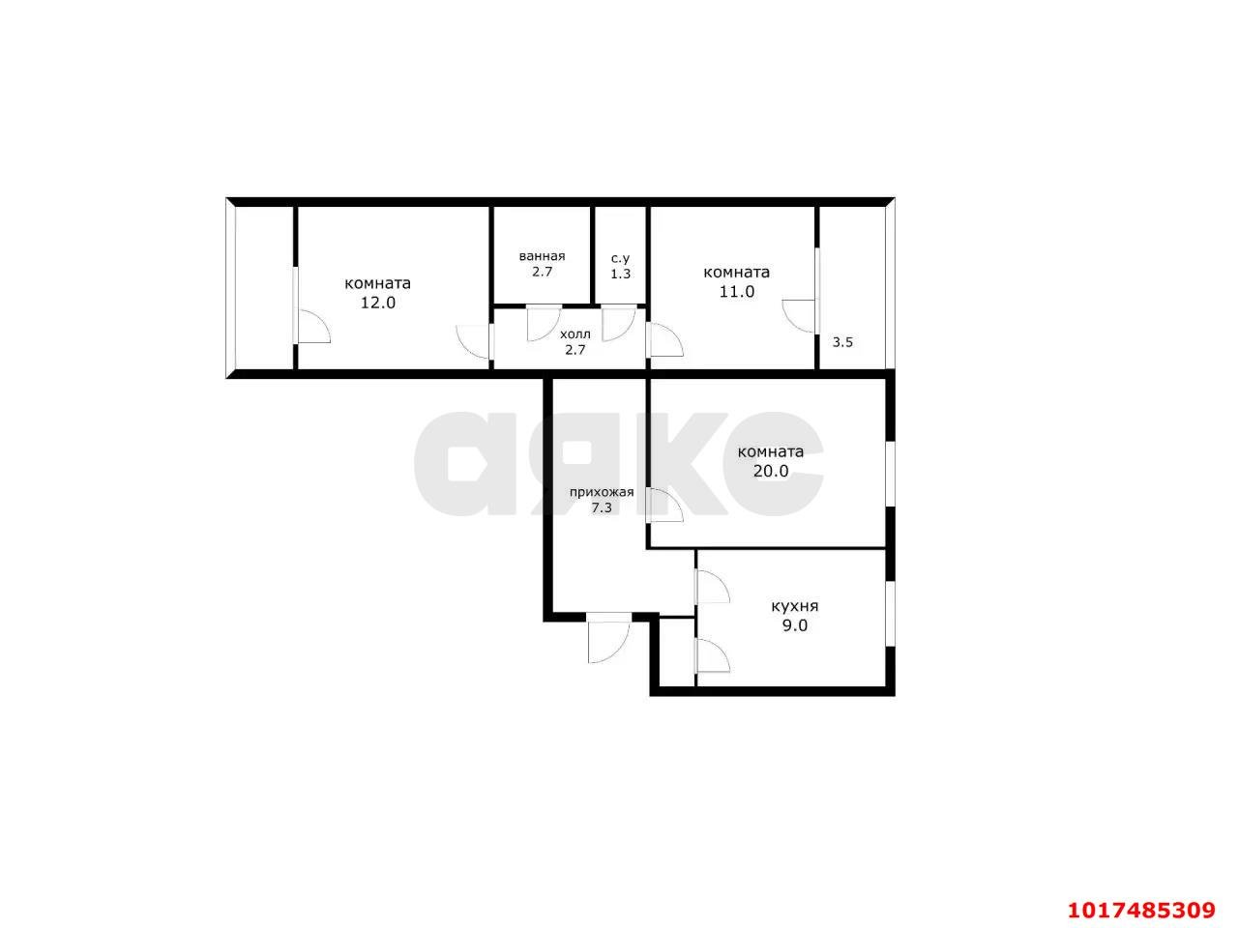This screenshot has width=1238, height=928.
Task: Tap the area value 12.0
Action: click(x=378, y=303)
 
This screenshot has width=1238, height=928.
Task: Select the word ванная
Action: click(x=542, y=256)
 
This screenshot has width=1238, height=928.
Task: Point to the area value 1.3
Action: click(x=620, y=274)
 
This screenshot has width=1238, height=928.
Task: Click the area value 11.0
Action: click(x=737, y=291)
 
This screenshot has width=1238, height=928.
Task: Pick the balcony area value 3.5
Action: click(x=842, y=342)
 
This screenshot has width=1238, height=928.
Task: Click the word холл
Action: click(x=575, y=334)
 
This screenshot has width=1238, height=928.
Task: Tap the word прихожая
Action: click(x=602, y=492)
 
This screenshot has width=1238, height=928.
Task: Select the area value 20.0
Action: click(x=771, y=471)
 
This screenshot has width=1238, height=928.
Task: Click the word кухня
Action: click(x=794, y=606)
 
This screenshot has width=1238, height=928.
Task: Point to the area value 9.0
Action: click(x=795, y=625)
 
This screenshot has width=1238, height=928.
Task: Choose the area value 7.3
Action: click(x=602, y=507)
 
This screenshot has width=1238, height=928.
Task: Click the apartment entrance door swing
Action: click(x=608, y=642)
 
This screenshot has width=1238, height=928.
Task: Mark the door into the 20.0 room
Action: click(x=665, y=506)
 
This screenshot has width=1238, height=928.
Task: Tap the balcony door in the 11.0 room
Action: click(x=799, y=316)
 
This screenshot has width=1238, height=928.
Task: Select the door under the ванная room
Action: click(x=544, y=324)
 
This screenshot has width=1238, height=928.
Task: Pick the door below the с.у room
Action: click(x=619, y=324)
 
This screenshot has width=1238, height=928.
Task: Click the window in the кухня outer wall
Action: click(x=890, y=614)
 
